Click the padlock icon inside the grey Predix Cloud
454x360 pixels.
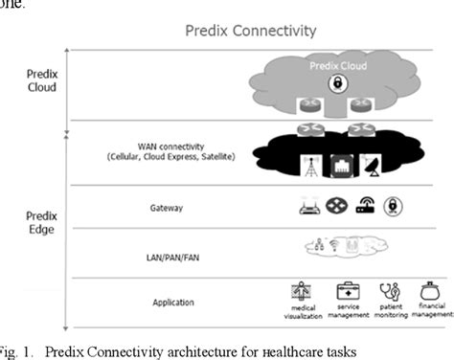tap(338, 84)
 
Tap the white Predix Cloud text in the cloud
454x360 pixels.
tap(338, 66)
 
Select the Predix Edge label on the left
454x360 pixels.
tap(41, 223)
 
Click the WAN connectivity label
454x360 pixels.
tap(160, 151)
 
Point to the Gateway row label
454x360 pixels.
tap(160, 207)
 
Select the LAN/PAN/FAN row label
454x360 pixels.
tap(160, 255)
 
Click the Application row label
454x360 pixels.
tap(160, 302)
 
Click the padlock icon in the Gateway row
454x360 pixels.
tap(390, 206)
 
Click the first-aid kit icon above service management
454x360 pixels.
tap(347, 290)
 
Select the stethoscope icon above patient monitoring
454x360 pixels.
tap(390, 290)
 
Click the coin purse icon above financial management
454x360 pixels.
tap(430, 290)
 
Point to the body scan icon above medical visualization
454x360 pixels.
tap(306, 290)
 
